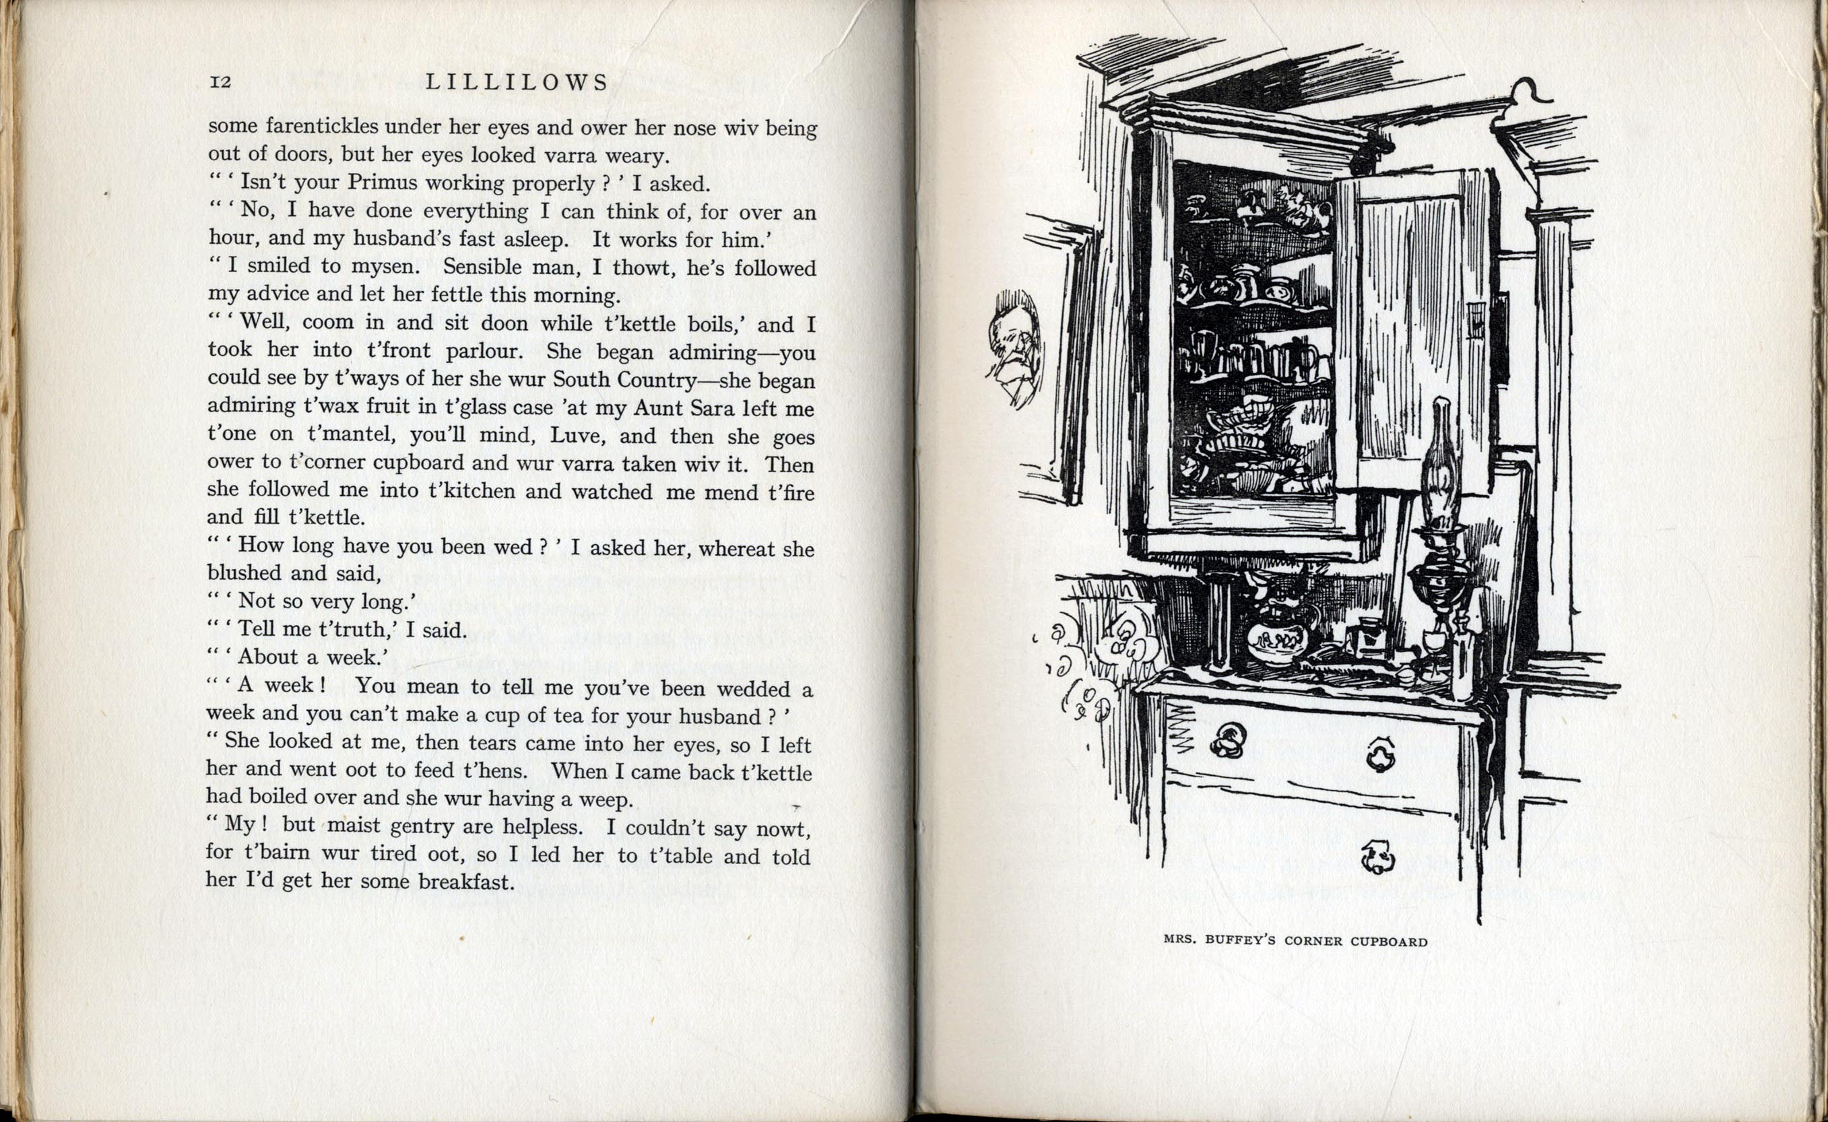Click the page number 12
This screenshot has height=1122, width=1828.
tap(220, 81)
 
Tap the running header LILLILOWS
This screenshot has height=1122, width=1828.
tap(517, 82)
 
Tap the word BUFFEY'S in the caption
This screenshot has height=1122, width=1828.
tap(1240, 940)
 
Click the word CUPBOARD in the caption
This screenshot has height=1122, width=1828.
tap(1389, 941)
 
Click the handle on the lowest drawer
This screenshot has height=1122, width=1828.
tap(1377, 857)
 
